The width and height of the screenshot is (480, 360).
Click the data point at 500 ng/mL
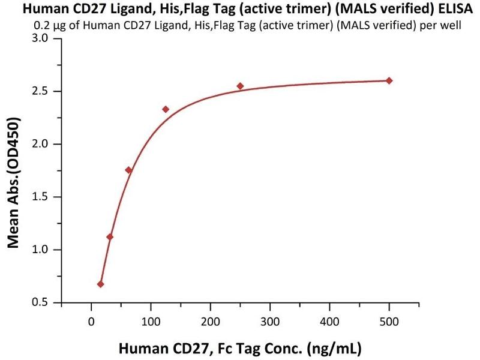389,80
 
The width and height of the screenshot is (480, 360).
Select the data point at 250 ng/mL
240,86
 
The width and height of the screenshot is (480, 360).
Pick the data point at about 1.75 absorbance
128,170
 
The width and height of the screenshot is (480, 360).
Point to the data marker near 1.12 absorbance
110,236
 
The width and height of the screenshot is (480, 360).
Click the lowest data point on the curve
100,284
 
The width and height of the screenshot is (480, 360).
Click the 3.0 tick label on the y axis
46,39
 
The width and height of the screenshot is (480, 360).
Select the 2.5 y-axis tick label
46,92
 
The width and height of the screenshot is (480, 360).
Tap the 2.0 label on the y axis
46,145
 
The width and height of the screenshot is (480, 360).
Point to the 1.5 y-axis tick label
46,197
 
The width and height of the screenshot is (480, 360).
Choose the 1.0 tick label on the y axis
46,250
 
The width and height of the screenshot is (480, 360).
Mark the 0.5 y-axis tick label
46,302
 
